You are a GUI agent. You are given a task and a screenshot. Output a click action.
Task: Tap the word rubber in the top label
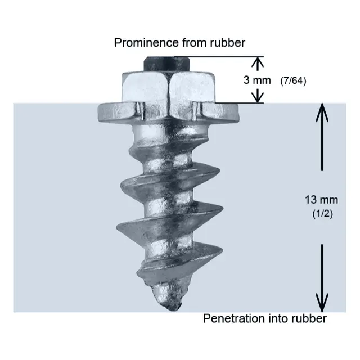229,42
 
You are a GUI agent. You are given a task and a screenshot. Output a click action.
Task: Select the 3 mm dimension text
257,80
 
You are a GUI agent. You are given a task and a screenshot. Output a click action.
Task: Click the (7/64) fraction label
292,80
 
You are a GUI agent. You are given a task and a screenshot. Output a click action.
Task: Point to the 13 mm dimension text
318,200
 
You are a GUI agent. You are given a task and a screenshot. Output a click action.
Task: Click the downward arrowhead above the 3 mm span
257,62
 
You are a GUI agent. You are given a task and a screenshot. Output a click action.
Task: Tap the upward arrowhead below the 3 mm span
257,97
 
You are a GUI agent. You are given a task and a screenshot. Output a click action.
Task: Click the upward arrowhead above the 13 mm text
322,110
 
